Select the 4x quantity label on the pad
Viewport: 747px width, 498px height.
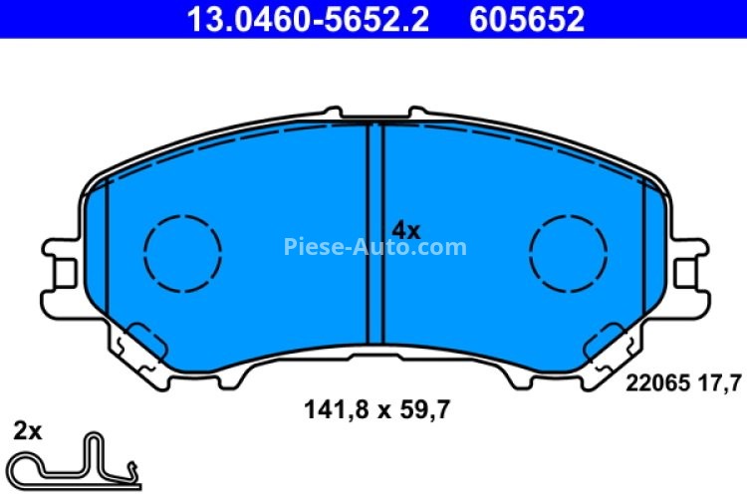(x=405, y=230)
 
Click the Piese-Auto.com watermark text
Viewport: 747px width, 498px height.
(x=374, y=246)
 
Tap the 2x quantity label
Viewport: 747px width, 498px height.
(x=27, y=431)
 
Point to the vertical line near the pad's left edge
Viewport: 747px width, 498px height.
(x=106, y=249)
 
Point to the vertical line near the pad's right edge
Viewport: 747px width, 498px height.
(x=644, y=249)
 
